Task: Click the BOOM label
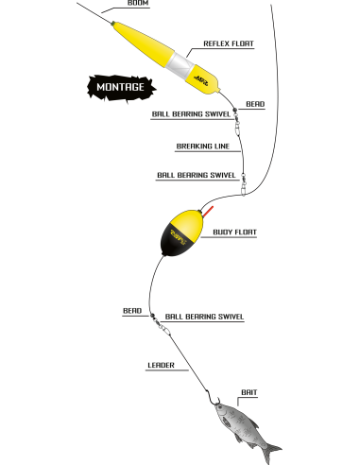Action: tap(138, 3)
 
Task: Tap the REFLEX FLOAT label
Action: tap(229, 43)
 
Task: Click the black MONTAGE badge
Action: tap(121, 87)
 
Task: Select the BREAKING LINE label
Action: tap(203, 146)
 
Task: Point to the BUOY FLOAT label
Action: tap(235, 232)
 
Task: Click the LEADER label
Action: tap(161, 365)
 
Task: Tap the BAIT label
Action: tap(249, 392)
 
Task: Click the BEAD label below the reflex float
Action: tap(255, 104)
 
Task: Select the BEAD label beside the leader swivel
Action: tap(132, 311)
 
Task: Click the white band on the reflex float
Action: tap(180, 65)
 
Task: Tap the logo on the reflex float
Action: tap(201, 80)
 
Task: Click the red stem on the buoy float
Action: tap(208, 212)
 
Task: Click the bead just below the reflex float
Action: tap(234, 110)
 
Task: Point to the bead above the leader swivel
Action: tap(152, 316)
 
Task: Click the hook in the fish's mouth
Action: tap(213, 398)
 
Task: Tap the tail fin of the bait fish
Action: tap(270, 453)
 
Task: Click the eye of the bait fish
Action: tap(220, 408)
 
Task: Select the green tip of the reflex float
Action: tap(112, 23)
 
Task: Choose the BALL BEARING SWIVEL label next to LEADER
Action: tap(204, 317)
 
